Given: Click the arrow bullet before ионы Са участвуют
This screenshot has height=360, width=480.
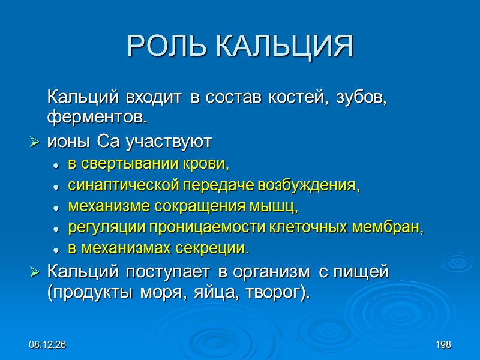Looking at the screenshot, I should tap(34, 142).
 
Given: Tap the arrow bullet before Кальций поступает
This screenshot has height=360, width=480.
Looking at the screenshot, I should tap(34, 272).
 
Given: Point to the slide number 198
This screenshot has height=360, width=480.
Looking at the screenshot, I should tap(443, 345).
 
